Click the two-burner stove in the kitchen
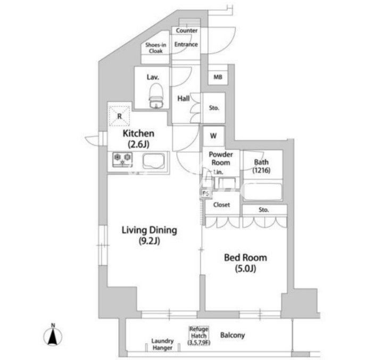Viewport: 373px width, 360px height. [123, 159]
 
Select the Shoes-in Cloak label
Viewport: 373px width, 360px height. [156, 48]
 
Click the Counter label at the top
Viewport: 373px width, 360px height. [187, 31]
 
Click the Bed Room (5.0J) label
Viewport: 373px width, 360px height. [245, 263]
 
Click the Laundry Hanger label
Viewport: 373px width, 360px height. [162, 344]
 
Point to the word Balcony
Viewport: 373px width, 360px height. [233, 336]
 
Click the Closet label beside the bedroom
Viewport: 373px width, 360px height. [221, 204]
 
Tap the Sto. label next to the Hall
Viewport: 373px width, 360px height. [214, 108]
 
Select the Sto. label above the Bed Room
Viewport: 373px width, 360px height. [264, 210]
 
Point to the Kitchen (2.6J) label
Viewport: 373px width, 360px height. [138, 138]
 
